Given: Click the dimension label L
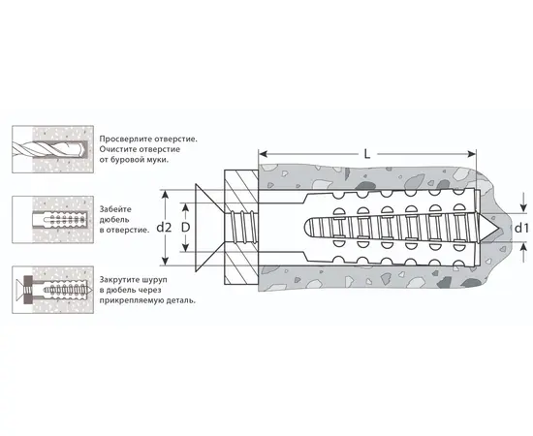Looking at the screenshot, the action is [x=366, y=155].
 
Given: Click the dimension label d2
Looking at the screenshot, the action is [x=164, y=228].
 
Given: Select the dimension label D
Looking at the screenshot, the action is [x=185, y=228].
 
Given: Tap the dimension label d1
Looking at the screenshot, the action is [x=521, y=228].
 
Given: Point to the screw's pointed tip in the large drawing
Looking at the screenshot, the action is [x=498, y=228].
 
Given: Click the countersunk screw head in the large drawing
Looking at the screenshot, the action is [x=209, y=228].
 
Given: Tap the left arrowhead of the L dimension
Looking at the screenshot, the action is [x=263, y=154].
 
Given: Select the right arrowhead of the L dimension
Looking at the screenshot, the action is [x=472, y=154].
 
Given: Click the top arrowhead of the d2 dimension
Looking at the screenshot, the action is [x=165, y=195].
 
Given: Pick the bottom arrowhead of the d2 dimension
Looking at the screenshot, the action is [x=165, y=261].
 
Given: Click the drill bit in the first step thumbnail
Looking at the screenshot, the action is [x=47, y=149].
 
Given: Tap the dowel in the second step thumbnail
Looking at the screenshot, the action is [x=59, y=220].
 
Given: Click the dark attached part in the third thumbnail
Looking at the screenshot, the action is [x=28, y=290].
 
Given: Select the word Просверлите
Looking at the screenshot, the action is [x=126, y=139].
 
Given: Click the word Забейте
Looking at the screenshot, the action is [x=115, y=209].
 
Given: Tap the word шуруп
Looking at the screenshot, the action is [x=155, y=280].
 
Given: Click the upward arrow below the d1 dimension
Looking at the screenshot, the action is [x=522, y=253].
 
